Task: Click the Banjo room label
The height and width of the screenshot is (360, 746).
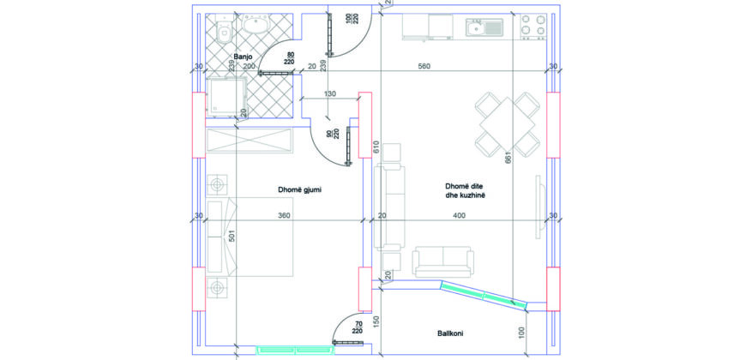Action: coord(243,57)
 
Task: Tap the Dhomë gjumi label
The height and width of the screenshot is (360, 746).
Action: coord(300,189)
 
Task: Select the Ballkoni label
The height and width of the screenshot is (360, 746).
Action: coord(450,333)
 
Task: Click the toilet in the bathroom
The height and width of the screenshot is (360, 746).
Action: coord(223,30)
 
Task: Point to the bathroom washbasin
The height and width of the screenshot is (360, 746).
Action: coord(256,24)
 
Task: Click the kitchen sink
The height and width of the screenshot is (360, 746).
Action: coord(484,28)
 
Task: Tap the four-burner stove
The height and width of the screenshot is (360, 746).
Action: coord(532,27)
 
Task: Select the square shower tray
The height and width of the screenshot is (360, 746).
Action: coord(226,97)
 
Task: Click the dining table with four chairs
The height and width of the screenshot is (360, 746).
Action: coord(508,124)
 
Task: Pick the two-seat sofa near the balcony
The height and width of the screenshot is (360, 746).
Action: coord(443,261)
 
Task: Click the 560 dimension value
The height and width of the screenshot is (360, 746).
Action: coord(424,66)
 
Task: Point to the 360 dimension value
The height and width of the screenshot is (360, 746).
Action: coord(284,215)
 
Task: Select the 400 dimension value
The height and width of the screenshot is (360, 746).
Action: coord(459,215)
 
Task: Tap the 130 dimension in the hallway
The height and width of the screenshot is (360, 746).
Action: coord(330,94)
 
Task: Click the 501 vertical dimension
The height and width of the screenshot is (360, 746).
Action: coord(232,237)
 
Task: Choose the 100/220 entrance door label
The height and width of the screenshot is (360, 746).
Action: coord(352,19)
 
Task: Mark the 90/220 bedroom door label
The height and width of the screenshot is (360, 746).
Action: coord(334,134)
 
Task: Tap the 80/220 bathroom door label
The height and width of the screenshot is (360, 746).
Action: coord(289,58)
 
